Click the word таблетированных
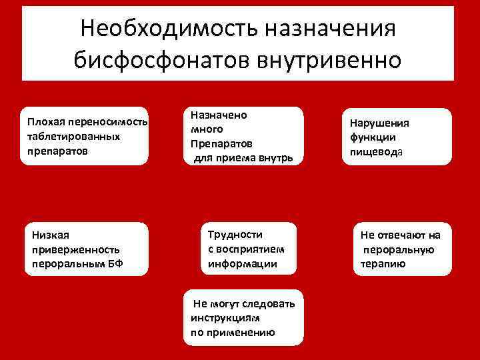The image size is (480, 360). pyautogui.click(x=65, y=136)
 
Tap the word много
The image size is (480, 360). pyautogui.click(x=207, y=129)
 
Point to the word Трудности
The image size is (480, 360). pyautogui.click(x=235, y=234)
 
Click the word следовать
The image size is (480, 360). pyautogui.click(x=268, y=303)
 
